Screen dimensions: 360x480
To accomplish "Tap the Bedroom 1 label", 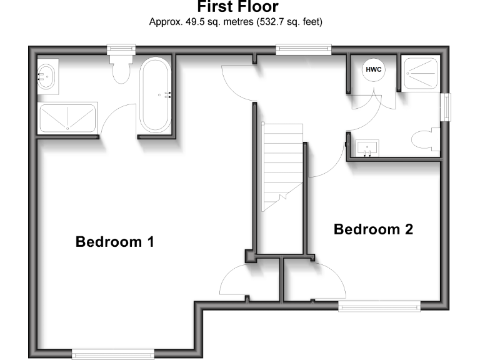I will click(x=114, y=241).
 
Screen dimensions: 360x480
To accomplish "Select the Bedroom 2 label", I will click(x=373, y=229).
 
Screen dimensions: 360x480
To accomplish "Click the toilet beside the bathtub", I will click(x=121, y=68).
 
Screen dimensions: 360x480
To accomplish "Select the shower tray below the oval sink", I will click(x=67, y=117).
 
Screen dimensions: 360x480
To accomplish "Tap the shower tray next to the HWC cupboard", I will click(x=421, y=72).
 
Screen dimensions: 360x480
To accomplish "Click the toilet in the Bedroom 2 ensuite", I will click(x=427, y=138).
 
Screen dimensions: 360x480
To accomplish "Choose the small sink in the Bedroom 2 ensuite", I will click(x=367, y=149).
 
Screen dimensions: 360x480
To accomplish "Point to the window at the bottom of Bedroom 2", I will click(x=379, y=305).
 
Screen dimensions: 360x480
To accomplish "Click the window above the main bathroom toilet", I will click(x=121, y=49).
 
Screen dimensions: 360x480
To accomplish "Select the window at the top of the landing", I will click(x=304, y=49).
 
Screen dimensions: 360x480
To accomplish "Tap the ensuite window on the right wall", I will click(x=446, y=107).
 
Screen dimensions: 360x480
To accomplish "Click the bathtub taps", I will click(x=167, y=95).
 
